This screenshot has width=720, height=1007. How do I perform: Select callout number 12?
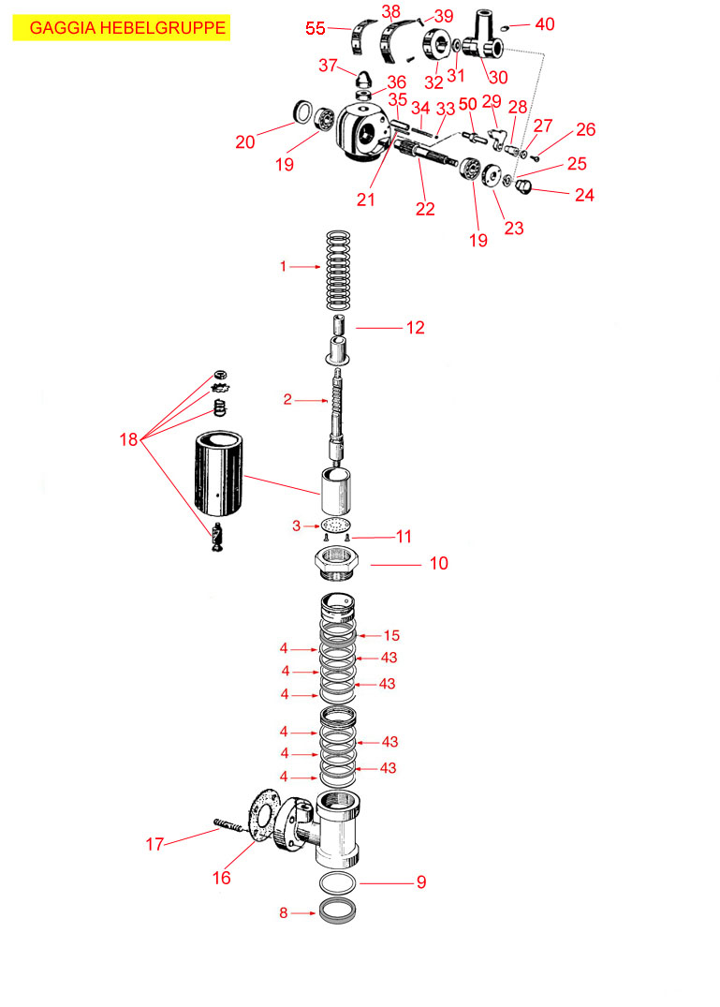[x=415, y=328]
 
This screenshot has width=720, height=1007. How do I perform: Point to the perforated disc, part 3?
[x=336, y=526]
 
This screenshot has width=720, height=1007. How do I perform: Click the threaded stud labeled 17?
[x=229, y=826]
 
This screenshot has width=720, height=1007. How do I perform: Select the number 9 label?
[x=421, y=881]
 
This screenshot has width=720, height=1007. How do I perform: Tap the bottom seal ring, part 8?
[x=338, y=910]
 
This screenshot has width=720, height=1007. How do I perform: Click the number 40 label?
[x=544, y=24]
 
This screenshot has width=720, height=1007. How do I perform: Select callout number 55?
[x=315, y=29]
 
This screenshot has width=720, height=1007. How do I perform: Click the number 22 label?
[x=425, y=208]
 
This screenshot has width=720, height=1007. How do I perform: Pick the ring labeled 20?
[x=304, y=111]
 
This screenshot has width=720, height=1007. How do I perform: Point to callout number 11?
[x=404, y=537]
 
